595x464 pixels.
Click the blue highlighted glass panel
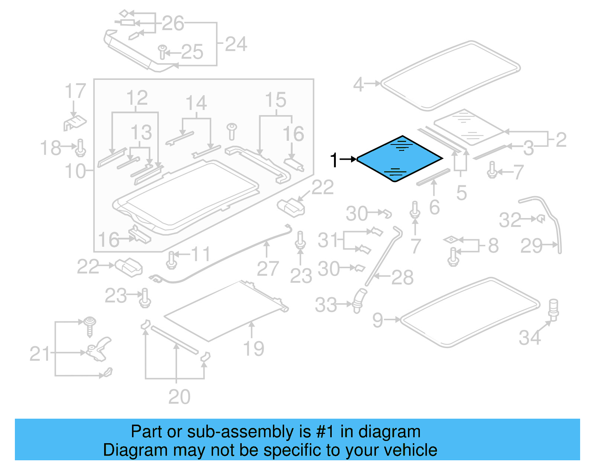click(x=399, y=159)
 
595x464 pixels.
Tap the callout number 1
click(x=334, y=160)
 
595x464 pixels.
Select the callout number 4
click(x=358, y=84)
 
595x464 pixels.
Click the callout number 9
click(x=377, y=320)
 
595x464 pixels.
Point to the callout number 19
click(x=253, y=348)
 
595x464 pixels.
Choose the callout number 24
click(x=236, y=45)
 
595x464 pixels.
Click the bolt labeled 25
click(x=162, y=52)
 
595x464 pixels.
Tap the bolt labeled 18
click(x=81, y=148)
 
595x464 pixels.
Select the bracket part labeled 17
click(x=74, y=123)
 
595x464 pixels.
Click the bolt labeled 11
click(x=171, y=260)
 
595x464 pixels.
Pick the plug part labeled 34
click(x=553, y=309)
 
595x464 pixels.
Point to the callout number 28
click(x=402, y=278)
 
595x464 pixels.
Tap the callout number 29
click(x=531, y=246)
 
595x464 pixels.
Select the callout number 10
click(x=75, y=171)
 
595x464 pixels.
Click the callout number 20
click(x=179, y=397)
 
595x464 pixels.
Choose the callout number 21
click(x=39, y=354)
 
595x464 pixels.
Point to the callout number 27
click(x=267, y=269)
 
